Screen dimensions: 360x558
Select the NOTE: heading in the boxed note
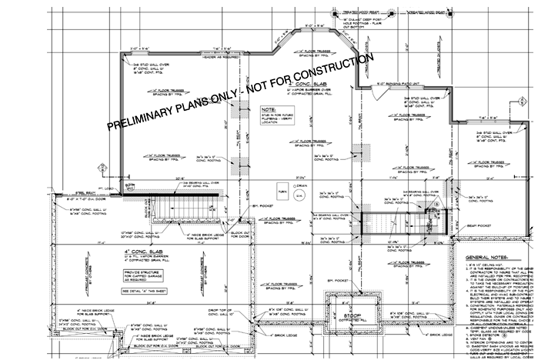click(268, 110)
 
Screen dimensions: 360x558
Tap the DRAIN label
click(301, 185)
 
